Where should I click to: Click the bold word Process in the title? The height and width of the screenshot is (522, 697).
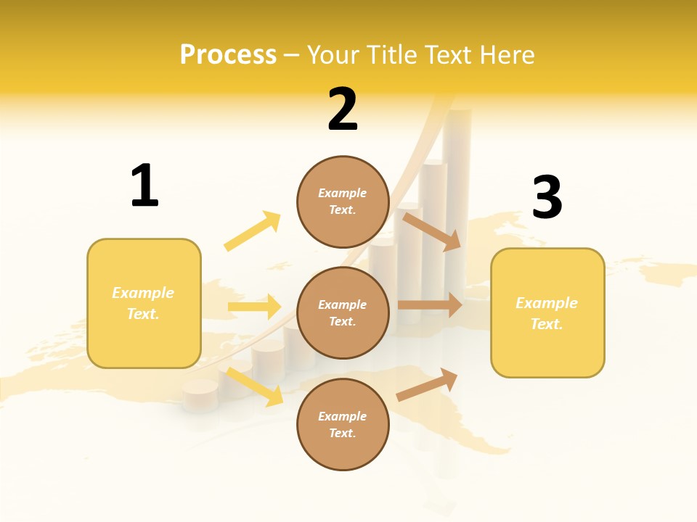(228, 55)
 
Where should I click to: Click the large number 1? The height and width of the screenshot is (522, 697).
(144, 186)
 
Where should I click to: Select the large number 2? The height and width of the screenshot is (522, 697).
(343, 110)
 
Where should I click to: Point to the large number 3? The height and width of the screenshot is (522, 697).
(547, 197)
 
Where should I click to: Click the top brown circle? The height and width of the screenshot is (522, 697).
(343, 202)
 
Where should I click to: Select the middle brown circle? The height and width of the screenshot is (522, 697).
(343, 313)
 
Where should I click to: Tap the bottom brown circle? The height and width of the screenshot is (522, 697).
(343, 425)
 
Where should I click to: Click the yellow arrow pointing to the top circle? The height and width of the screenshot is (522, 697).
(253, 231)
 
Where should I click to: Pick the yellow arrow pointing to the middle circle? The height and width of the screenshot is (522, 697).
(254, 307)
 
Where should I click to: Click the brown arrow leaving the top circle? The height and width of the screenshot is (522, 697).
(432, 231)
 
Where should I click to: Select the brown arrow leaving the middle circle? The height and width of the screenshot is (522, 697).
(429, 305)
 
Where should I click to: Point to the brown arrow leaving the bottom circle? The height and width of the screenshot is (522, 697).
(427, 384)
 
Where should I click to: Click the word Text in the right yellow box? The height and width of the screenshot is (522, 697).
(547, 324)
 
